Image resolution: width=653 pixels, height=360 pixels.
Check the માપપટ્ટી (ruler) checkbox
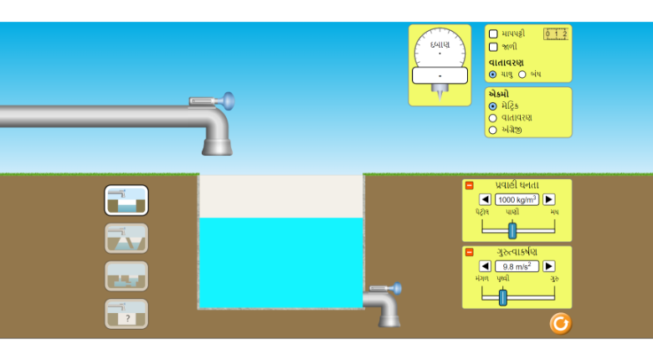click(x=493, y=34)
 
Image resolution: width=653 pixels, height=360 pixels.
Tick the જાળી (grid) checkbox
click(x=493, y=47)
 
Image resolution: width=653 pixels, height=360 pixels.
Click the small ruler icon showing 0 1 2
click(x=556, y=34)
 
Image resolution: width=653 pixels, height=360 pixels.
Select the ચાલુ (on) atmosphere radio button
click(x=493, y=75)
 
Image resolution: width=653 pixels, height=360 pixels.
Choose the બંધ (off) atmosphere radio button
click(x=522, y=75)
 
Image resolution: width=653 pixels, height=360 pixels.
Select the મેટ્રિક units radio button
click(x=493, y=106)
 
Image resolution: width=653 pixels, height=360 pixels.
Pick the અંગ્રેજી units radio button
click(x=493, y=130)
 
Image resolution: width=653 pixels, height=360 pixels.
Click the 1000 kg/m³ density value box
click(x=517, y=199)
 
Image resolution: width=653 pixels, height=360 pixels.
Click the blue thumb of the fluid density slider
click(x=512, y=230)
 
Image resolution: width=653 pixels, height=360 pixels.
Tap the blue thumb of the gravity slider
click(x=502, y=296)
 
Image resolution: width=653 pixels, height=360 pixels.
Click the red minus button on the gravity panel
click(x=469, y=252)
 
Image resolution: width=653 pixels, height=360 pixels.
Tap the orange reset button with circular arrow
click(x=560, y=323)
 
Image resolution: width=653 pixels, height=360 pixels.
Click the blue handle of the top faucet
click(x=228, y=101)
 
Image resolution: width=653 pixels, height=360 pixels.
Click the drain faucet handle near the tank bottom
click(x=396, y=288)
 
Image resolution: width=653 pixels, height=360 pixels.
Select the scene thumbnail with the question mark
click(x=126, y=314)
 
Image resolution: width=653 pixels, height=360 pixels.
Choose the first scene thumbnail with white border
click(x=126, y=200)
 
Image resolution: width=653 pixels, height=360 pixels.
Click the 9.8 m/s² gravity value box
click(x=517, y=266)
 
